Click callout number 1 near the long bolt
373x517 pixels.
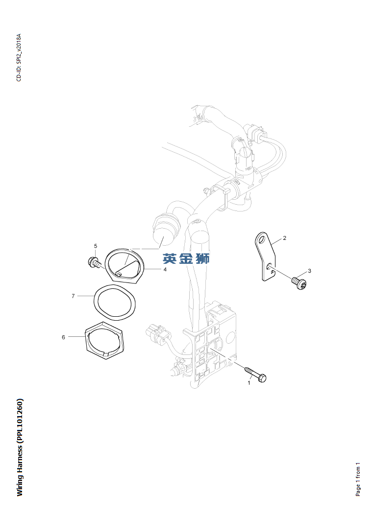(x=249, y=383)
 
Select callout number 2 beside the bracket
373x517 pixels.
(x=285, y=238)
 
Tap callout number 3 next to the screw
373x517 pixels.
(x=309, y=271)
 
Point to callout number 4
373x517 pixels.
(x=165, y=269)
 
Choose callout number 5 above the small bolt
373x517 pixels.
(x=96, y=246)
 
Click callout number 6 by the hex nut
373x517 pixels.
(x=63, y=337)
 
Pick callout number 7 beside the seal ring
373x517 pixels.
(x=73, y=296)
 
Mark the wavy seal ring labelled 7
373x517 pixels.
(x=116, y=303)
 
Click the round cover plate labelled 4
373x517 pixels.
(x=125, y=265)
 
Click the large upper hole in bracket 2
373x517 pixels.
(x=262, y=240)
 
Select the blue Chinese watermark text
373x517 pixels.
(x=186, y=258)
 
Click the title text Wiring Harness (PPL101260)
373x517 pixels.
(x=20, y=447)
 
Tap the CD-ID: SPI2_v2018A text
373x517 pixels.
(x=19, y=57)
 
